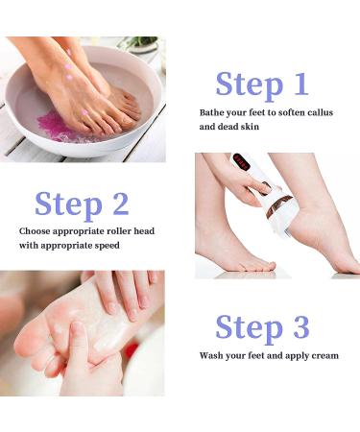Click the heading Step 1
[x=261, y=84]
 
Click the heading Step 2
[x=82, y=204]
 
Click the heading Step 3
[x=261, y=326]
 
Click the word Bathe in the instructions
[x=215, y=113]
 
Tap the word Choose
[x=36, y=231]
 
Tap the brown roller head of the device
[x=279, y=205]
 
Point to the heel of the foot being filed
[x=307, y=230]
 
